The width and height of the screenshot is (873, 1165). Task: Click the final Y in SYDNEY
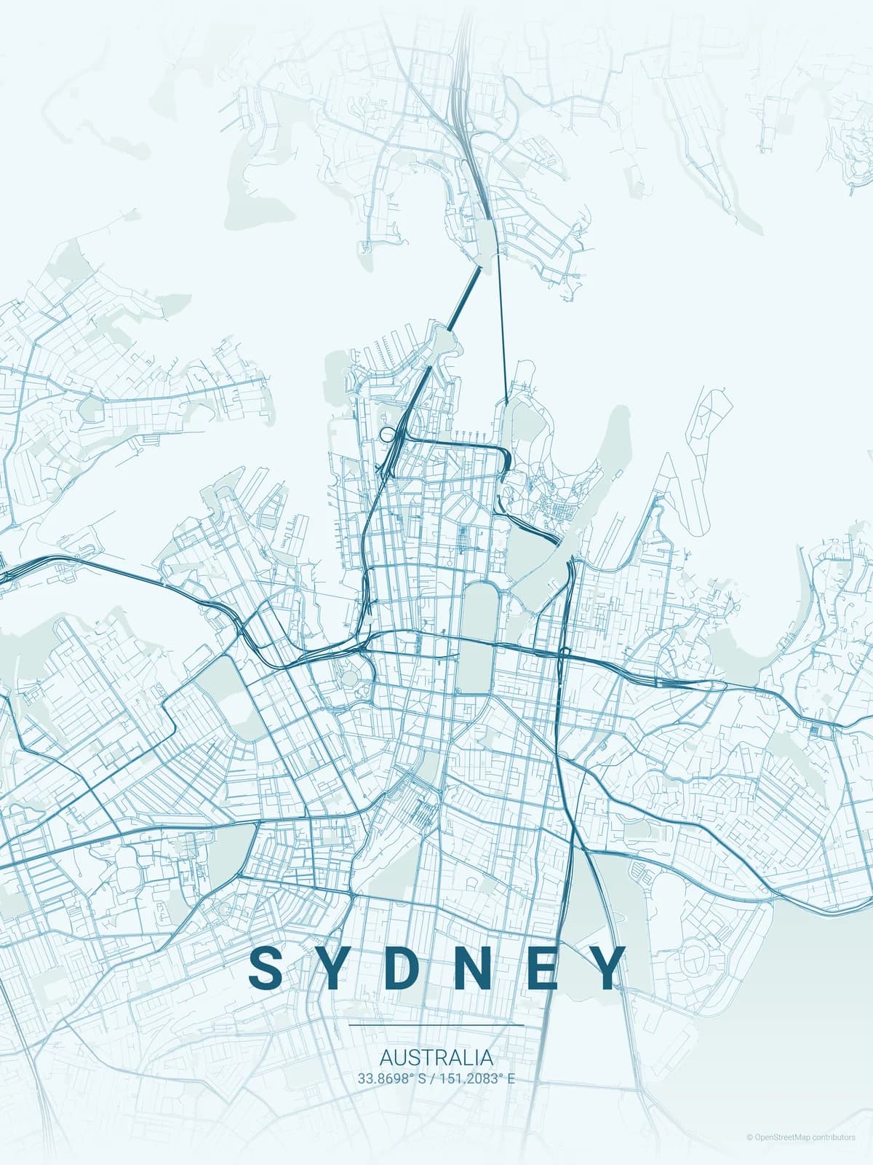coord(605,968)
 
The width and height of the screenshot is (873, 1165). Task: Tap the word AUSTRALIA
coord(436,1057)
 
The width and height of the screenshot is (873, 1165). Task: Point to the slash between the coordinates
coord(432,1078)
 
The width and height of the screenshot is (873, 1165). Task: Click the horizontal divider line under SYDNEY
coord(436,1024)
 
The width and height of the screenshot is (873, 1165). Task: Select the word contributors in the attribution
coord(834,1137)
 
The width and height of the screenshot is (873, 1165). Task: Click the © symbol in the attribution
coord(750,1137)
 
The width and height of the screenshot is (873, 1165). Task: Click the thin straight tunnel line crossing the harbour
coord(503,328)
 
